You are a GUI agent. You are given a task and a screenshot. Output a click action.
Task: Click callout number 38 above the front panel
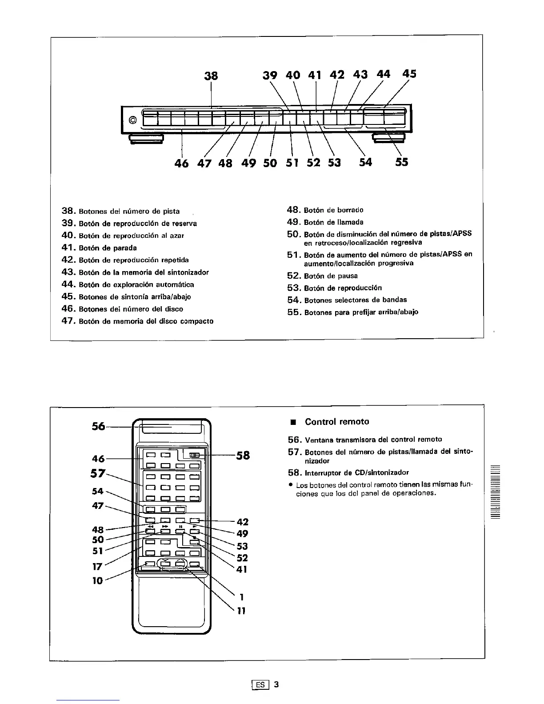point(211,76)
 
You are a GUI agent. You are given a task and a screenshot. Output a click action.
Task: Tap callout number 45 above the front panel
point(409,73)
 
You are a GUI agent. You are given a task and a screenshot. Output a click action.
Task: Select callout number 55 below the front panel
point(401,162)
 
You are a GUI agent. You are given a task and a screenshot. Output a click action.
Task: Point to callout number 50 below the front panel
point(270,163)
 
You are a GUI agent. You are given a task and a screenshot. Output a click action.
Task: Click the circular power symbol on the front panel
point(132,120)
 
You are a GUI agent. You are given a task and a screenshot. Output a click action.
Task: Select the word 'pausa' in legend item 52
point(348,276)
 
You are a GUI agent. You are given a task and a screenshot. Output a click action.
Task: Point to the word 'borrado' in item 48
point(350,210)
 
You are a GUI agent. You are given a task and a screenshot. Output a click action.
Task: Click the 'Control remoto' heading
point(337,421)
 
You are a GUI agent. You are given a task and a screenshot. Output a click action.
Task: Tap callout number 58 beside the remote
point(243,455)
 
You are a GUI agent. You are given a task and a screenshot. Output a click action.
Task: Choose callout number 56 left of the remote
point(98,426)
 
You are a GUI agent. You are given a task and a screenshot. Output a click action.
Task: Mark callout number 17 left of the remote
point(97,566)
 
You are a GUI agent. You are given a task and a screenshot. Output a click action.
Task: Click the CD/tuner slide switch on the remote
point(194,455)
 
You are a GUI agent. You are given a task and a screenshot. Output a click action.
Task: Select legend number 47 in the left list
point(69,321)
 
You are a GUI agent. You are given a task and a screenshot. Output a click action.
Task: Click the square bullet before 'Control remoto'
point(293,422)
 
